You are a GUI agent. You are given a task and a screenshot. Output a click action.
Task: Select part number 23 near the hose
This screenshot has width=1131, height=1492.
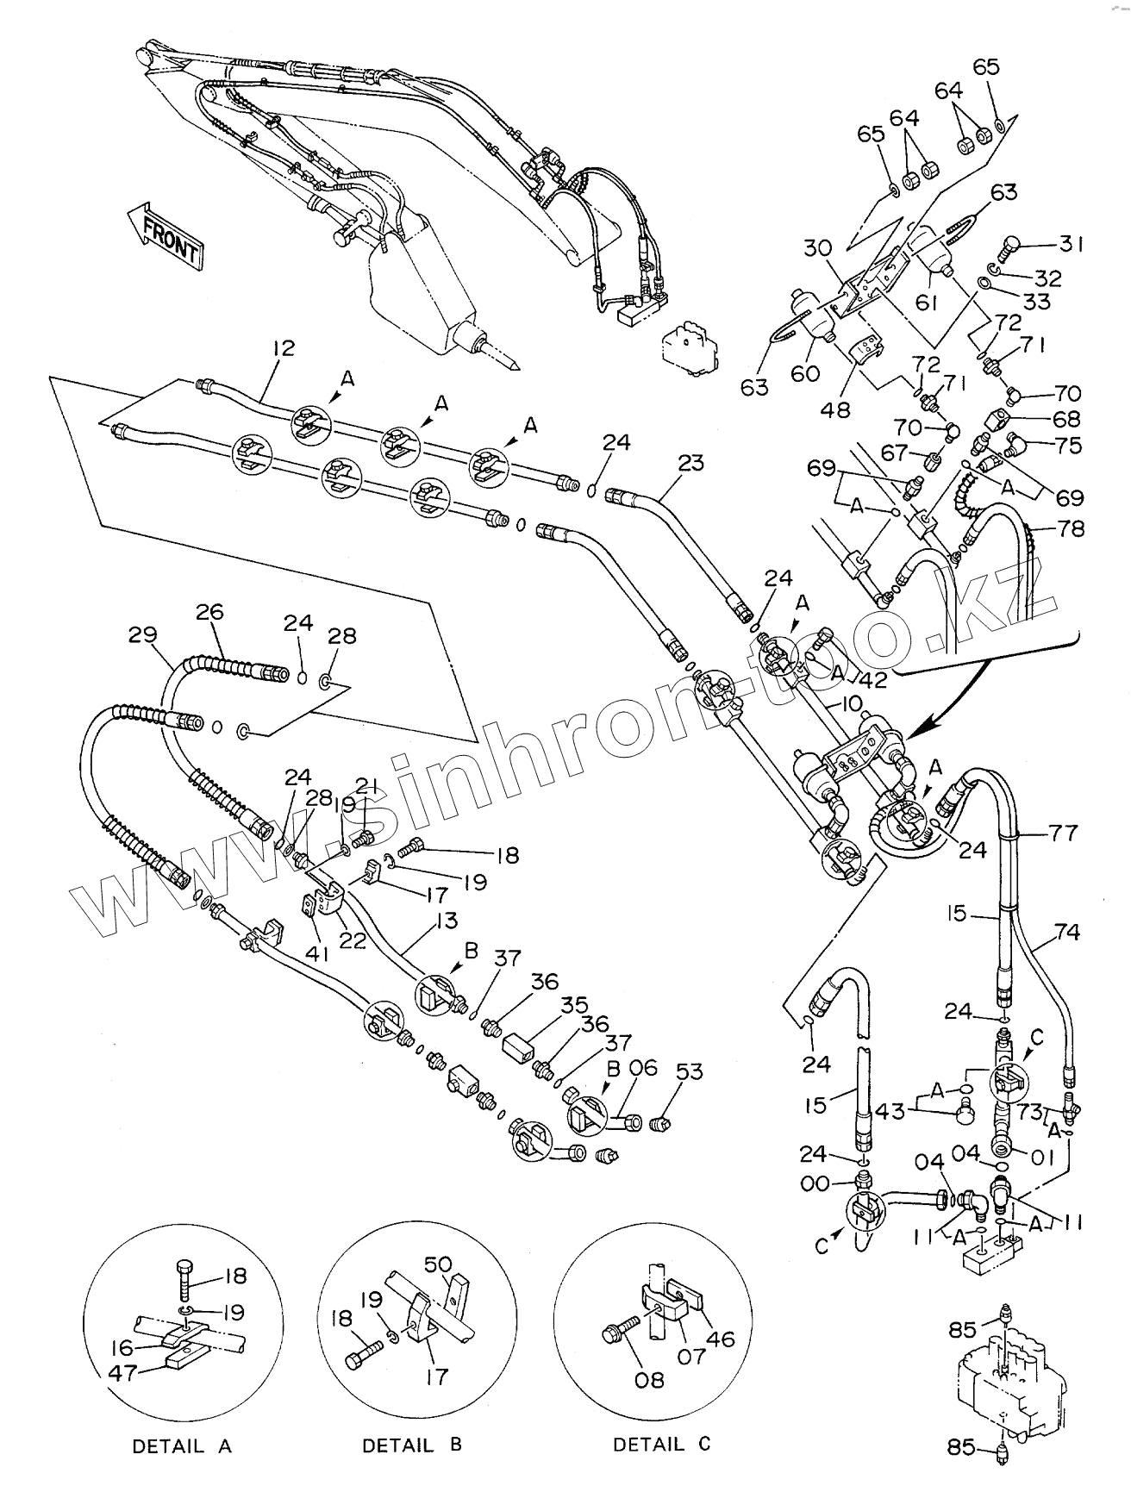coord(690,463)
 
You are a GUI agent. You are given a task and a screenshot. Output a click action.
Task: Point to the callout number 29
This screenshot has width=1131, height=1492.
coord(142,635)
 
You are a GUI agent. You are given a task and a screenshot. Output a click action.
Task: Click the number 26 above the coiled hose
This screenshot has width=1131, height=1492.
coord(209,611)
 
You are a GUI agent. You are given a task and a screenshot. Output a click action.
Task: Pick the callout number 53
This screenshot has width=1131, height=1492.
coord(690,1071)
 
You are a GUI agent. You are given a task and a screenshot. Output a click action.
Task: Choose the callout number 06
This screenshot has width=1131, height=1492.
coord(643,1068)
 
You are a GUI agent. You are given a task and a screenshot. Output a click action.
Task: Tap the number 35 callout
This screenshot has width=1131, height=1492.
coord(575,1005)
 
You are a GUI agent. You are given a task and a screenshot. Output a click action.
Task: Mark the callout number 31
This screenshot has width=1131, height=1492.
coord(1071,245)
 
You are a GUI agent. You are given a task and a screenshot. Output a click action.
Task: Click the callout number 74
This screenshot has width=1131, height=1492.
coord(1067,932)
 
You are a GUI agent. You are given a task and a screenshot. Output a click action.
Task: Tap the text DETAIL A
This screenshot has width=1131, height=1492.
coord(182,1446)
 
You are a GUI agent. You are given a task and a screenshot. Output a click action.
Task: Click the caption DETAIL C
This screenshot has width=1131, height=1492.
coord(661,1444)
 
